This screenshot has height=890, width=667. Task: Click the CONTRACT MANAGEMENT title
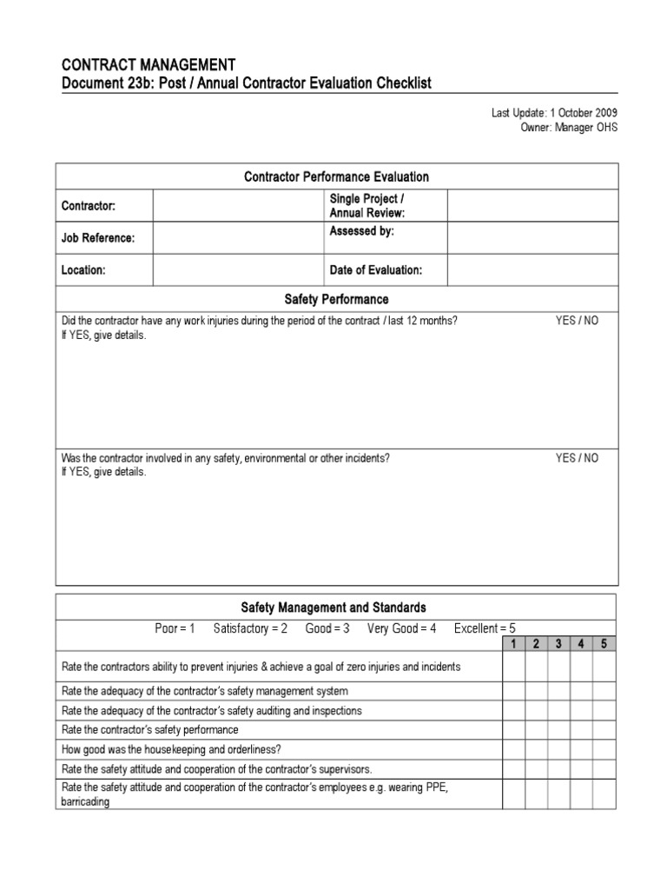click(x=148, y=64)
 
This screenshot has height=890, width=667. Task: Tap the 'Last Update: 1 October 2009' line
click(x=554, y=113)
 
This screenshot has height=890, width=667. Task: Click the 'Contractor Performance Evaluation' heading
click(x=337, y=176)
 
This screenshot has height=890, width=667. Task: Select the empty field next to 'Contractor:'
click(x=236, y=207)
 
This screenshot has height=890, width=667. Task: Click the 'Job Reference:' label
click(x=97, y=238)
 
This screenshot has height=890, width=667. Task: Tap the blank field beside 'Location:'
click(x=236, y=270)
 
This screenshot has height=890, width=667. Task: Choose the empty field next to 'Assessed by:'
click(x=533, y=238)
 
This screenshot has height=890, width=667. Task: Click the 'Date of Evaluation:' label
click(x=376, y=270)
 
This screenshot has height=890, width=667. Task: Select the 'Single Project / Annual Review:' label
click(x=367, y=207)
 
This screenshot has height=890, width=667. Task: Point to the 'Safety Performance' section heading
click(x=337, y=299)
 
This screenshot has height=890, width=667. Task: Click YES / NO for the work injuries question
click(x=577, y=321)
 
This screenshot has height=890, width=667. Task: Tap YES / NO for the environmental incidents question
click(x=577, y=458)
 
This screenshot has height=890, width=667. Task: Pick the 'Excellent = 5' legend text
click(x=485, y=628)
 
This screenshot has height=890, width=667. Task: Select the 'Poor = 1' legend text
click(x=175, y=628)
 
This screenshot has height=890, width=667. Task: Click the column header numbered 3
click(x=559, y=644)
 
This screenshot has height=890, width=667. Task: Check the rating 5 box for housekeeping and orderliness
click(x=604, y=749)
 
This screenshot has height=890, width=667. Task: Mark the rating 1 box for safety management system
click(x=513, y=691)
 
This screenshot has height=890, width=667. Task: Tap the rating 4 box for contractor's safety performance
click(x=582, y=730)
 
